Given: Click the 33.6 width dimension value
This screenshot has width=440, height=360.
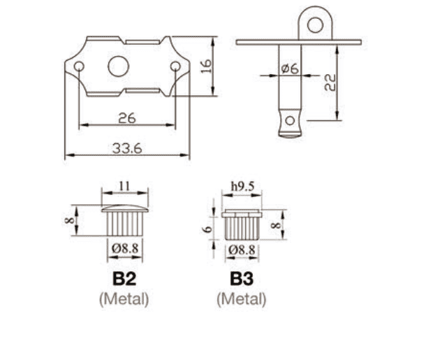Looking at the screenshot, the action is [127, 148].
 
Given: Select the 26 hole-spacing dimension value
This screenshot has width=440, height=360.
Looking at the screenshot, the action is [127, 118].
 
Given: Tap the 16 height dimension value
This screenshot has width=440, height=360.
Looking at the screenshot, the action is [207, 66].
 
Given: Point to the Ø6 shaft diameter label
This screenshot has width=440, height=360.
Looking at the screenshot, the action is [290, 69].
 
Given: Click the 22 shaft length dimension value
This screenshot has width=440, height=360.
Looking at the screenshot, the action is [330, 82].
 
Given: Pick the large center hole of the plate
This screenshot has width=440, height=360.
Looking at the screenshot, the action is [119, 66].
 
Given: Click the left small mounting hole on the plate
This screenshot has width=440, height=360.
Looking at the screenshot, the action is [79, 66].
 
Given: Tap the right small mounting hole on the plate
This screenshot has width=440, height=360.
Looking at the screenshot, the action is [175, 66].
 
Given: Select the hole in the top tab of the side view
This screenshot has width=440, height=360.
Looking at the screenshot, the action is [315, 24].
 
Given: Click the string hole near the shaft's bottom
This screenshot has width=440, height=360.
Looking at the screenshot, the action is [290, 121].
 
